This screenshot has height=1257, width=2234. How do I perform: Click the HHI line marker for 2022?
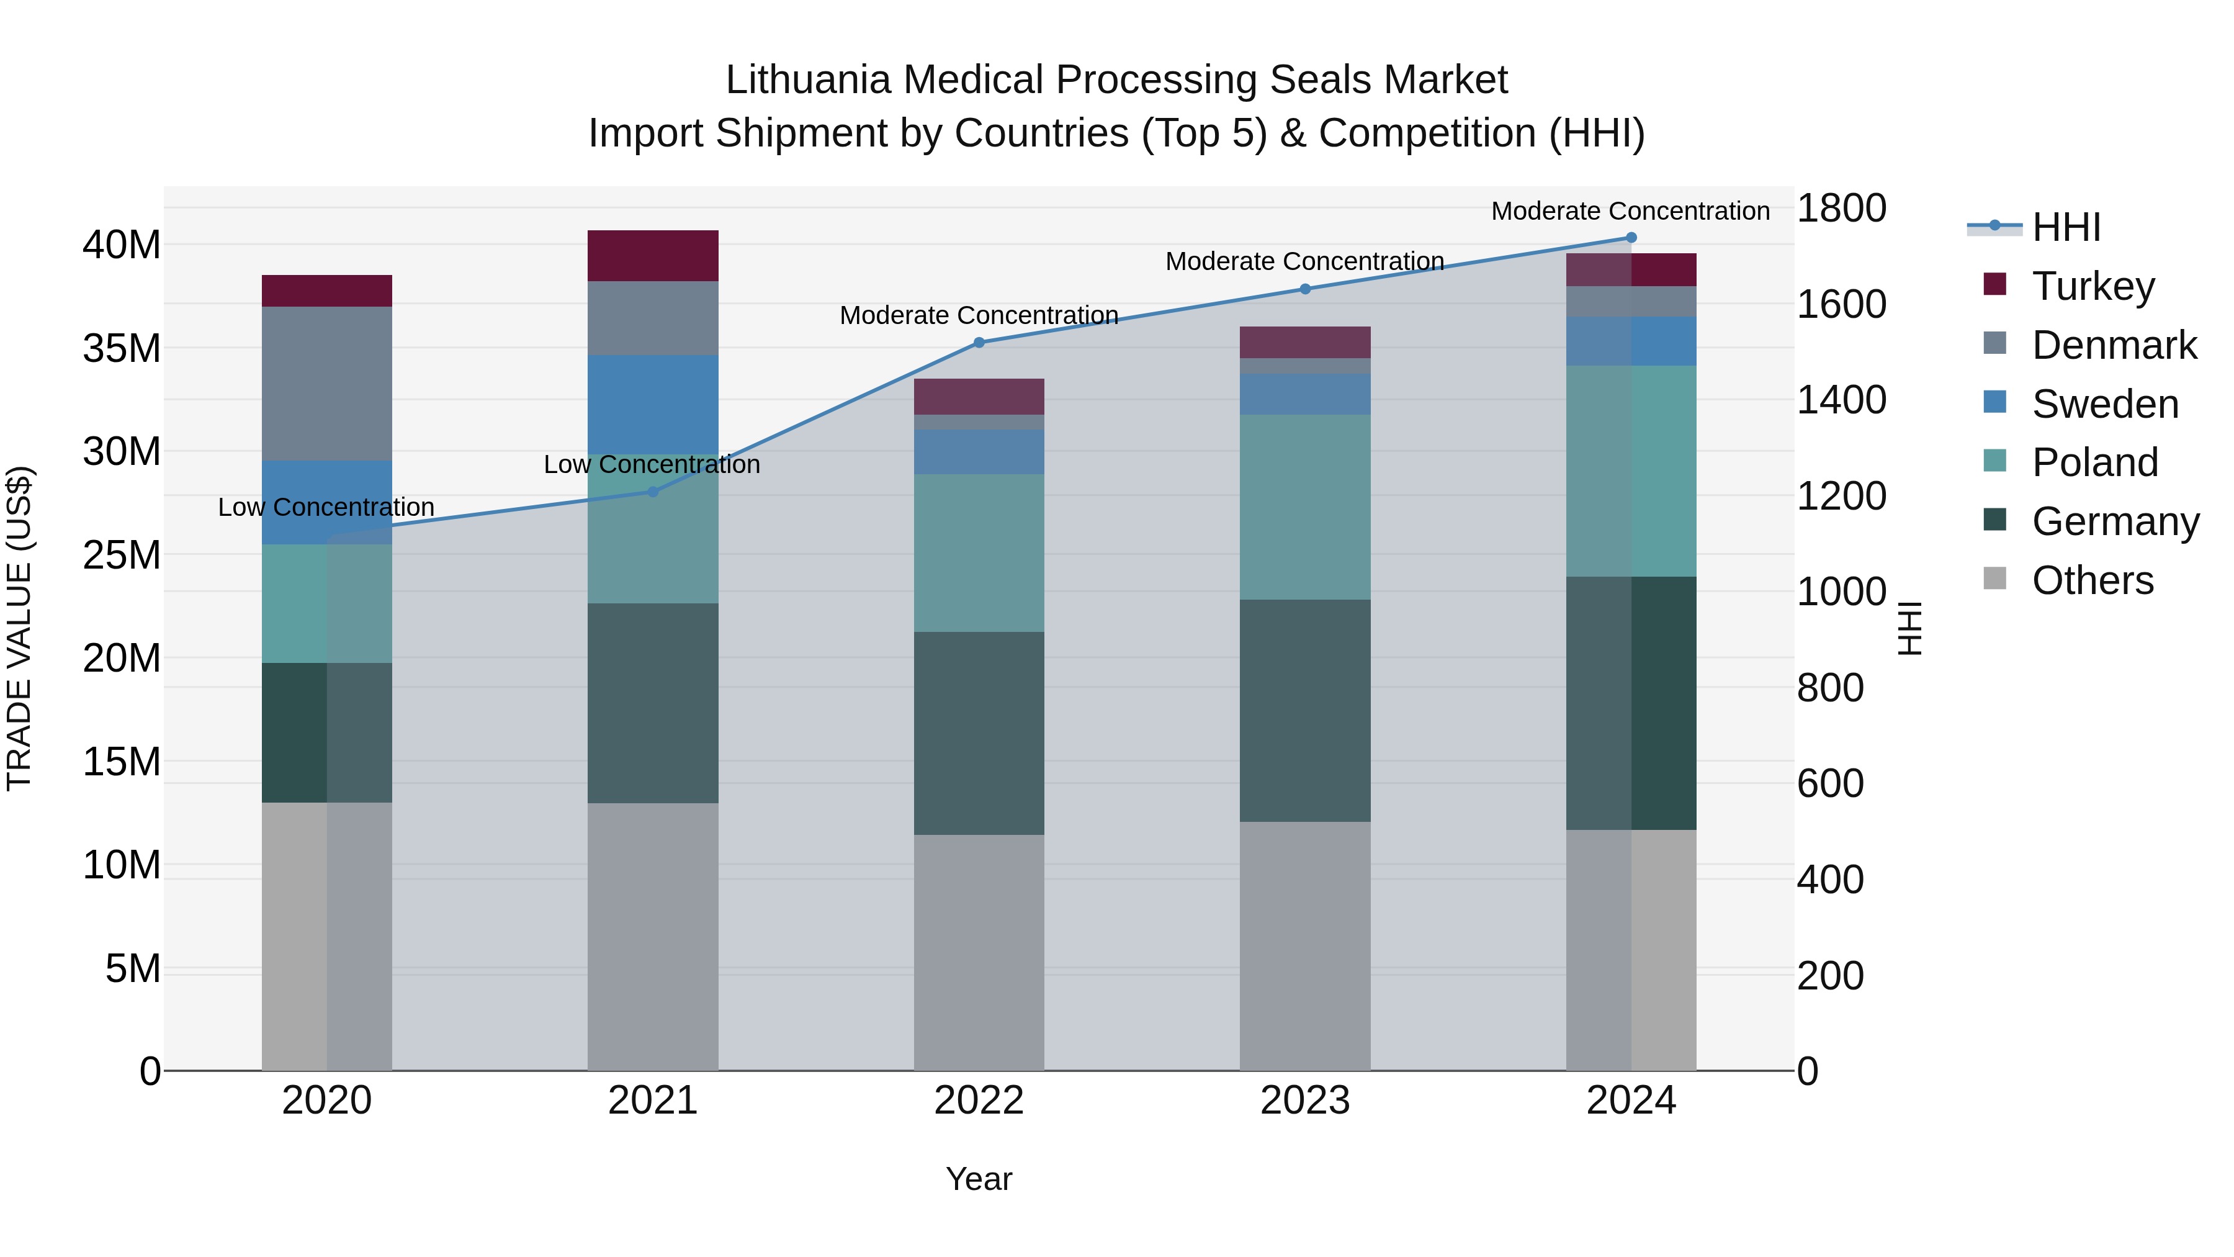pos(979,343)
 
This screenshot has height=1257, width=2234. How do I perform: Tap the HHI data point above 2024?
pos(1630,238)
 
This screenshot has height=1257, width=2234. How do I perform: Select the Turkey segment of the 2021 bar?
pos(653,256)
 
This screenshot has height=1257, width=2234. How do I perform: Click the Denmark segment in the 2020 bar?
pos(327,384)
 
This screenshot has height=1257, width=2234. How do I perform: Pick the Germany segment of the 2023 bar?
pos(1304,711)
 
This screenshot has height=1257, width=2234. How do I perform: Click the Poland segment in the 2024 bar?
pos(1630,471)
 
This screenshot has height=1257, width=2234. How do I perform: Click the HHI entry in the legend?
pos(2066,227)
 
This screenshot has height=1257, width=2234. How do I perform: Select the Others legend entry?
pos(2092,580)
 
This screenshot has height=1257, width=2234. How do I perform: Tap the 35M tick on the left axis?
pos(122,349)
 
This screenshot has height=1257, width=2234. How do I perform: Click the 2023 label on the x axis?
pos(1304,1101)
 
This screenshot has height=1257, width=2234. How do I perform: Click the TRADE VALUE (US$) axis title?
pos(19,628)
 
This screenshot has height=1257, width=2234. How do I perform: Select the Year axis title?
pos(979,1179)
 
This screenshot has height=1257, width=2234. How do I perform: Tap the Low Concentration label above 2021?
pos(652,464)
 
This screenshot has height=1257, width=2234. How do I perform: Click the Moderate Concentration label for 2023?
pos(1304,261)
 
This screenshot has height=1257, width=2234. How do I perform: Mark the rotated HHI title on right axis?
pos(1909,628)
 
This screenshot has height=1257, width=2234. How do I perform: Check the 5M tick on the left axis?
pos(133,968)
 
